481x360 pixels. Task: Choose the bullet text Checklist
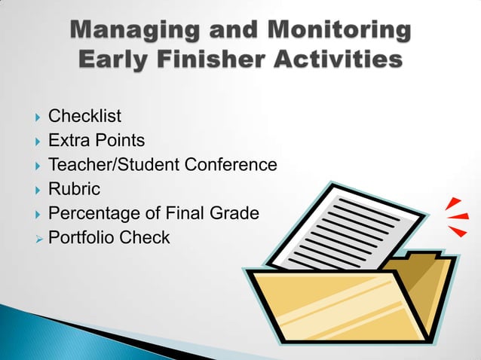point(84,116)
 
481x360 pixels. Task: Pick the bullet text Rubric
point(74,189)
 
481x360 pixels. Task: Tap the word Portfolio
point(80,238)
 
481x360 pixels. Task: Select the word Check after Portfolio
point(143,238)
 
